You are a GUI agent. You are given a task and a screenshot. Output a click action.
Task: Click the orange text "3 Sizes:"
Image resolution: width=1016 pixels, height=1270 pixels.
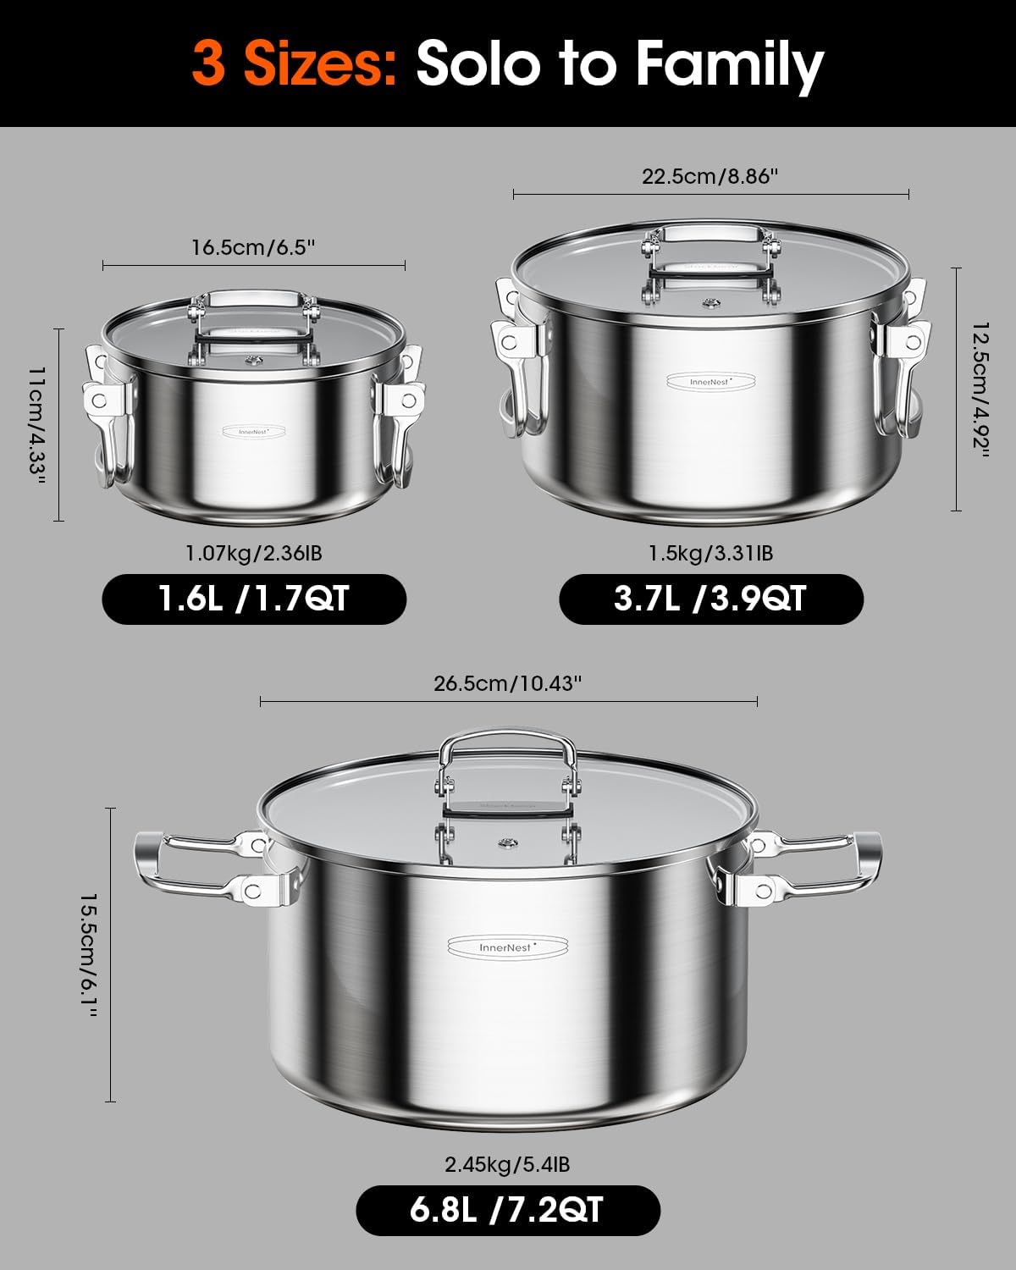[x=295, y=64]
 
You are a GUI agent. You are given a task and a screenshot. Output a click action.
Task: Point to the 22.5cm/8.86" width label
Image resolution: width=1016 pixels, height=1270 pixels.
[x=710, y=176]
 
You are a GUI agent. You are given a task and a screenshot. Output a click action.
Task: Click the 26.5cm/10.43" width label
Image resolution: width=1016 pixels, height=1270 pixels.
[x=507, y=683]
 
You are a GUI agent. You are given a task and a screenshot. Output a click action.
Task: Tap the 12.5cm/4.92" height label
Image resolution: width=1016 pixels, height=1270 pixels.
[x=979, y=389]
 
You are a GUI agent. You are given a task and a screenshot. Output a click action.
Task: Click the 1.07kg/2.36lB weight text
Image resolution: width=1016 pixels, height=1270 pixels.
[x=254, y=554]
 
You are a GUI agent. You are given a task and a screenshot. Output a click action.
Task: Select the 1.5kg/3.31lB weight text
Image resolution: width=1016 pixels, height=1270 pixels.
[x=711, y=554]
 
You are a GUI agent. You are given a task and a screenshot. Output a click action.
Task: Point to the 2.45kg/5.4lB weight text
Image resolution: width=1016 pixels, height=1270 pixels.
[x=507, y=1165]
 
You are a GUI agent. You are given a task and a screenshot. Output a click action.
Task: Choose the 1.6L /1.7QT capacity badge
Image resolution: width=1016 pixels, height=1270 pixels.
[x=254, y=599]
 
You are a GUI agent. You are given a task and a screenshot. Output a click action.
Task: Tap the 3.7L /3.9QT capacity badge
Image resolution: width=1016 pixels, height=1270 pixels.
[x=711, y=599]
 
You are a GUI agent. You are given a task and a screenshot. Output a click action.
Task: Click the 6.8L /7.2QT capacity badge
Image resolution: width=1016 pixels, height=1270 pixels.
[x=507, y=1211]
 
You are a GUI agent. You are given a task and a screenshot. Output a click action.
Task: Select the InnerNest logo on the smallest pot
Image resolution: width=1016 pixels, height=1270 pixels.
[x=253, y=431]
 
